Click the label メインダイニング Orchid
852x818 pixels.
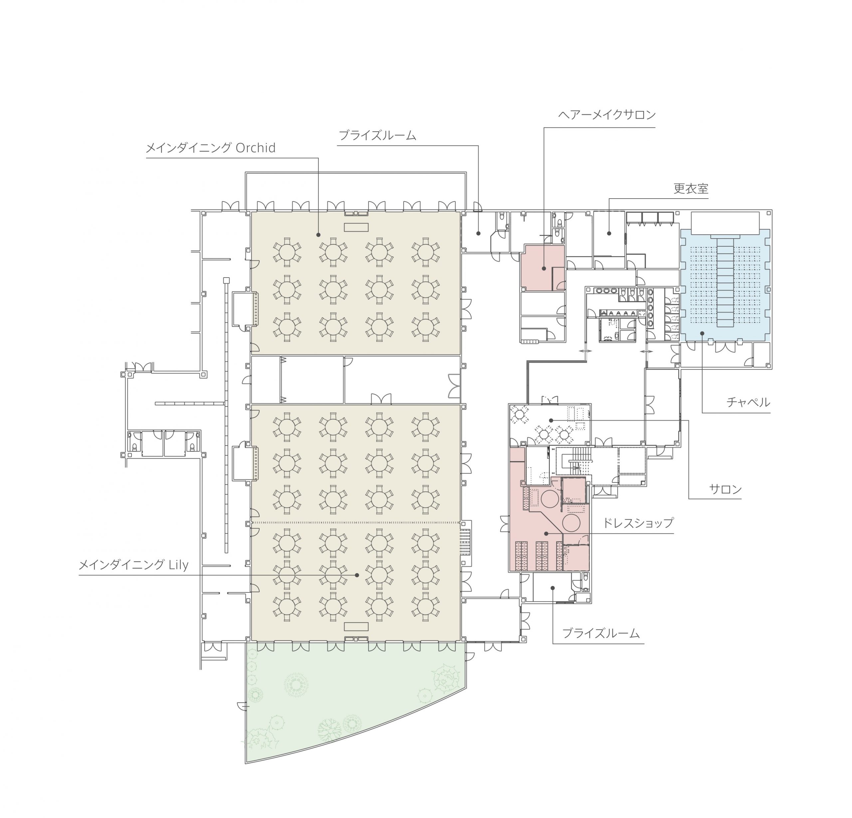point(210,148)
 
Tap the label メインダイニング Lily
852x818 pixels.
point(133,565)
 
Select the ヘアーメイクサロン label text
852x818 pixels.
point(607,115)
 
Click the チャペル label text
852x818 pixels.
point(748,402)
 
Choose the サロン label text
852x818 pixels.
point(725,489)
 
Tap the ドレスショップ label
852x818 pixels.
point(638,522)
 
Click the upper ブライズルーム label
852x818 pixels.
point(377,135)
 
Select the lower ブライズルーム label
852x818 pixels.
point(601,633)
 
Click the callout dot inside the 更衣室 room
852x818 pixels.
point(609,234)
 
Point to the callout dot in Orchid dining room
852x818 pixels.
point(319,235)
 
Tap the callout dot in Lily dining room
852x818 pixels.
point(357,575)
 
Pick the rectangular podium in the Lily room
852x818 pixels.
point(356,626)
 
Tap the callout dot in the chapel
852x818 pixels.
point(702,333)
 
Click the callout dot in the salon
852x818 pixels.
point(551,420)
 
